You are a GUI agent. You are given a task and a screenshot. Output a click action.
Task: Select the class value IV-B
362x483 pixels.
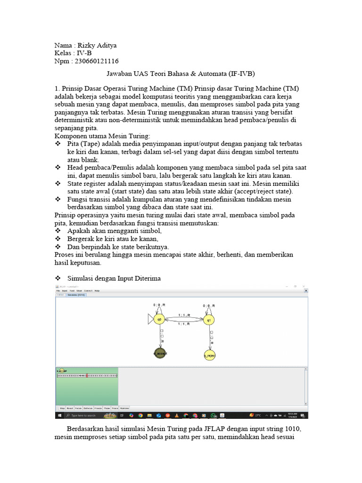click(84, 53)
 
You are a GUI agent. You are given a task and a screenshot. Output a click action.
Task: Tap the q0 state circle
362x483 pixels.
click(159, 320)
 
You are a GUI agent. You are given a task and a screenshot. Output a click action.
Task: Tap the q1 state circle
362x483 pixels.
click(209, 320)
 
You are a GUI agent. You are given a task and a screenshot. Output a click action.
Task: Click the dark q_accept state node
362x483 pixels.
click(160, 353)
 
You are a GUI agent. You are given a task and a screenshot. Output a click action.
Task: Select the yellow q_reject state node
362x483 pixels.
click(210, 355)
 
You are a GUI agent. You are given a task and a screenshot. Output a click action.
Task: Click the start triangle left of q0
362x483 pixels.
click(150, 320)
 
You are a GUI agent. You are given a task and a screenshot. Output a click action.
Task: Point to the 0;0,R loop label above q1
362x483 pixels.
click(209, 306)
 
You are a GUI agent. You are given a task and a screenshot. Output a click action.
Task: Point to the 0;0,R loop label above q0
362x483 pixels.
click(159, 306)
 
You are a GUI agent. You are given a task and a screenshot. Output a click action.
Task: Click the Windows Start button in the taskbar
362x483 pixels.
click(60, 415)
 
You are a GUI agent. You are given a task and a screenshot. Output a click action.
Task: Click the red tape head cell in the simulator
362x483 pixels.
click(87, 375)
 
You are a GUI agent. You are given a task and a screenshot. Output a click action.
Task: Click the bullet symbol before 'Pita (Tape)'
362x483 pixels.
click(58, 143)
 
